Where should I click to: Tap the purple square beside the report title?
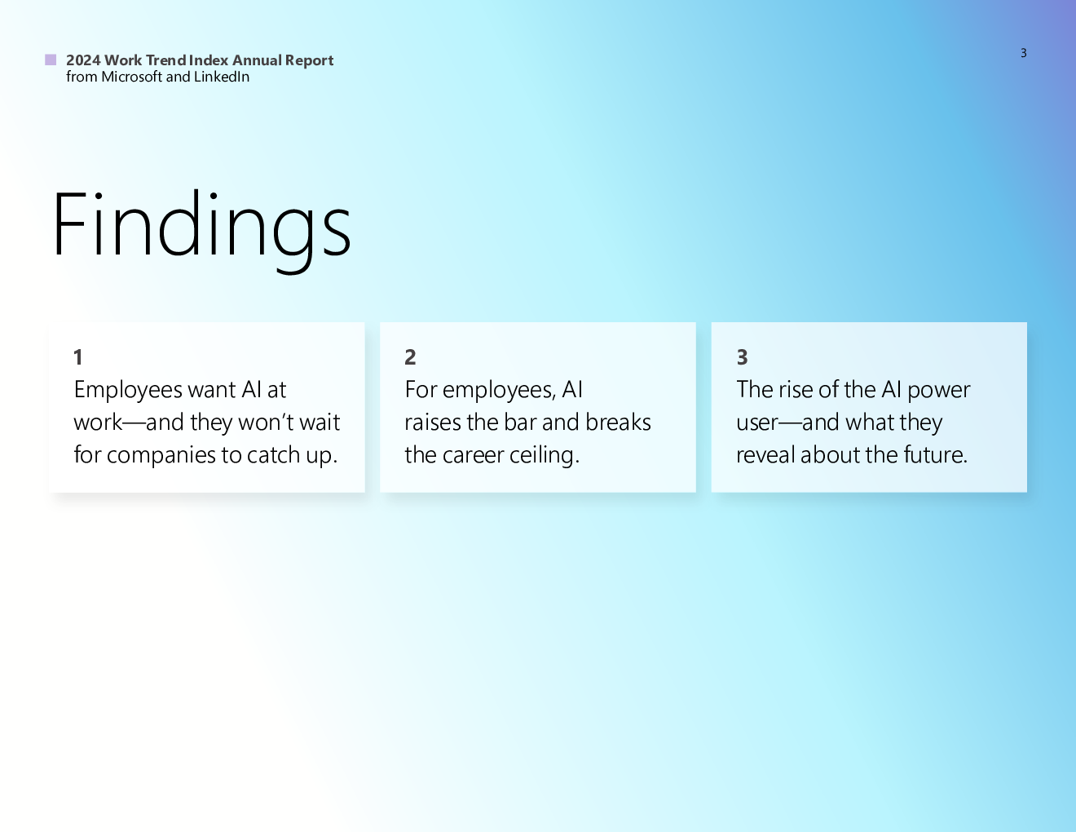tap(51, 60)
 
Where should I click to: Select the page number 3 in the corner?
tap(1024, 53)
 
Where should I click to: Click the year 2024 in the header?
tap(83, 60)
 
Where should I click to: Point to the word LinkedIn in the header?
tap(222, 77)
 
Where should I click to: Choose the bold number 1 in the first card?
tap(77, 356)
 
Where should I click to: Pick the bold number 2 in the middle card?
tap(410, 356)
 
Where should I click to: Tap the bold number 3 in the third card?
tap(742, 356)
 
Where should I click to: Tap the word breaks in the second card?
tap(618, 423)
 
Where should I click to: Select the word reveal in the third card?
tap(765, 455)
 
